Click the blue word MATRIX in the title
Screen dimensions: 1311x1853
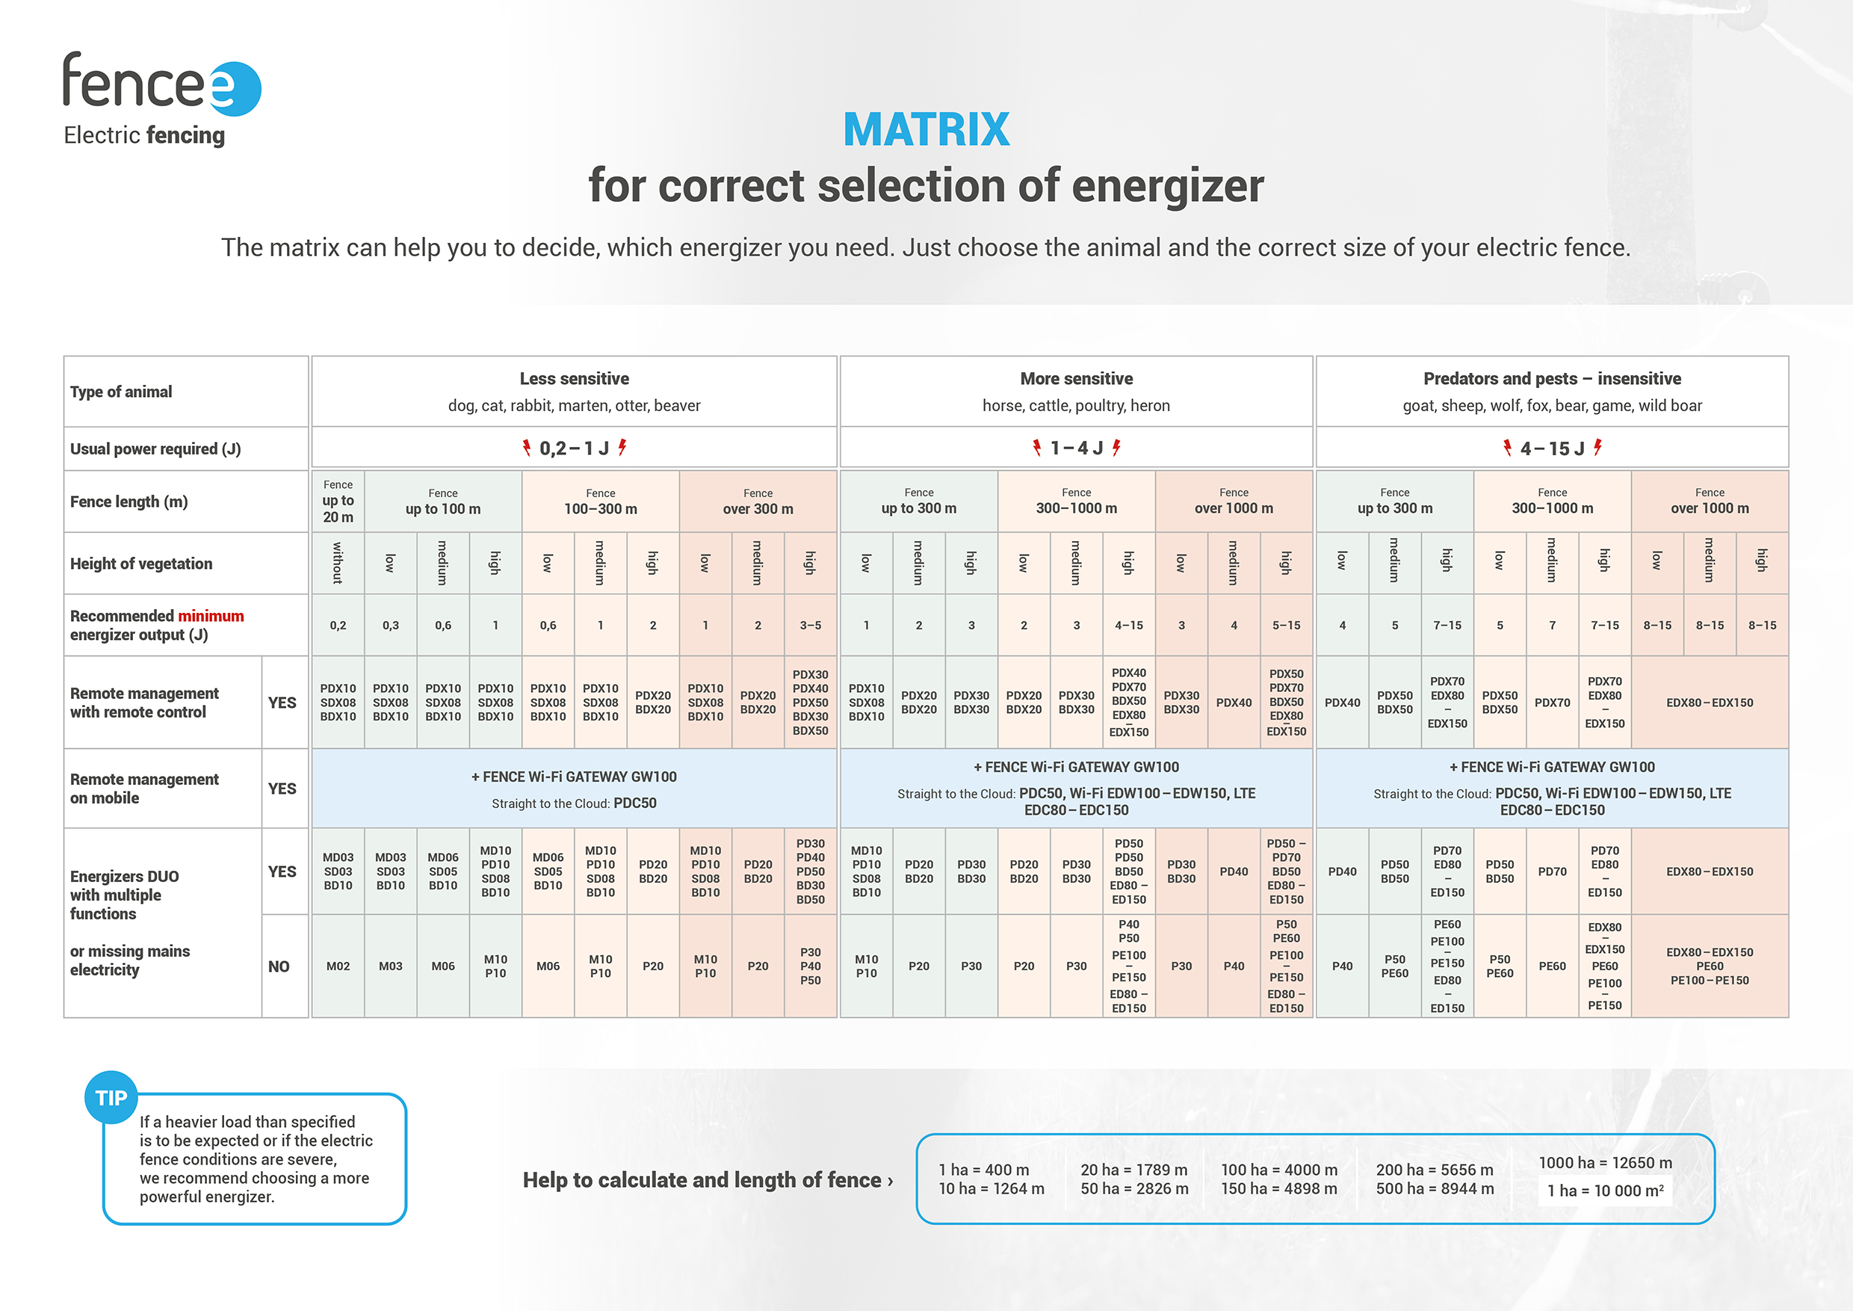tap(926, 129)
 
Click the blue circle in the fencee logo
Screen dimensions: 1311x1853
tap(235, 89)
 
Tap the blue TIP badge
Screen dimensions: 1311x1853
tap(111, 1098)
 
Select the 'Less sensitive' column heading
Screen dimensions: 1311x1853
tap(574, 379)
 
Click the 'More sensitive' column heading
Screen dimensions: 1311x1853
tap(1076, 379)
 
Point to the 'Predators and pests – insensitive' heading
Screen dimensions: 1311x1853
tap(1551, 379)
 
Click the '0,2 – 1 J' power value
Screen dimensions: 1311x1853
tap(574, 448)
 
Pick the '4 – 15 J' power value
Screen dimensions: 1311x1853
tap(1551, 448)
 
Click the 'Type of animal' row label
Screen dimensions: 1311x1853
tap(121, 392)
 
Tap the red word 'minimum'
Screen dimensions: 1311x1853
tap(211, 616)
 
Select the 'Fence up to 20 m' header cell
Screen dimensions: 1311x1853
tap(338, 502)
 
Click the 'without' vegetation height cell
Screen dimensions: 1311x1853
tap(338, 563)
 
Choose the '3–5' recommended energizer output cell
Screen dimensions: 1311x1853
tap(809, 625)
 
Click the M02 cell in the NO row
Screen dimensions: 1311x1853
tap(338, 966)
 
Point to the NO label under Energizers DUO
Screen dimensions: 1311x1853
tap(279, 966)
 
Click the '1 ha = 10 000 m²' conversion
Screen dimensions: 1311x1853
tap(1604, 1191)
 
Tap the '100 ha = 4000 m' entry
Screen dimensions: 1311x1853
tap(1278, 1170)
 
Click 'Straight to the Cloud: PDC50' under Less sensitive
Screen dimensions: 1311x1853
tap(574, 803)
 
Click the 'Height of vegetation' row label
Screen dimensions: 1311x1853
tap(141, 564)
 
